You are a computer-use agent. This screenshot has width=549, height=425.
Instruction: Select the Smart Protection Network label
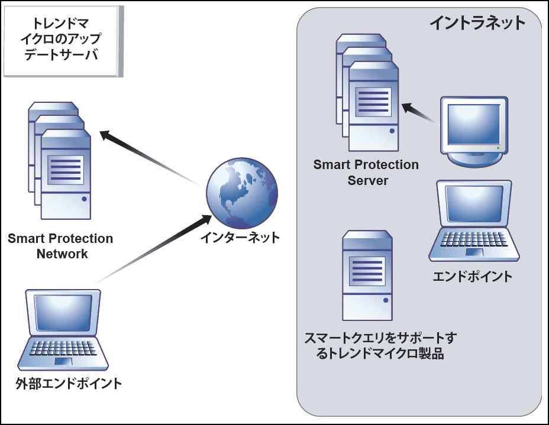click(60, 246)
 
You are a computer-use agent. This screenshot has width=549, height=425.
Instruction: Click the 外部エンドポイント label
click(69, 384)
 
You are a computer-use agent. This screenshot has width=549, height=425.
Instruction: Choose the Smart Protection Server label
click(367, 173)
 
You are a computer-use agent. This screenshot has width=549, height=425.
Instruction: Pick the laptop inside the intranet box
click(474, 221)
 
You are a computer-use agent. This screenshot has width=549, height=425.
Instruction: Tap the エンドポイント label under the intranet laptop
click(473, 276)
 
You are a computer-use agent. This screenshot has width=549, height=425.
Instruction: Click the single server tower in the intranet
click(367, 275)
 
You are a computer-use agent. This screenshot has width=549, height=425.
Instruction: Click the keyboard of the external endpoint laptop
click(63, 347)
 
